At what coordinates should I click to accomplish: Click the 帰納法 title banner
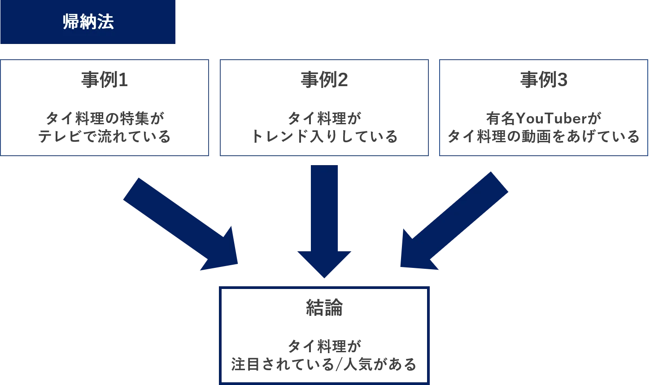[88, 22]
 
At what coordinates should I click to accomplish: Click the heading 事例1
[104, 80]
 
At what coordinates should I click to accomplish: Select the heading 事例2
[324, 80]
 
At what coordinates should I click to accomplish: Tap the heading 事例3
[543, 80]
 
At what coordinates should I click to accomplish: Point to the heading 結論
[324, 308]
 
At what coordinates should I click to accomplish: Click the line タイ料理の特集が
[105, 118]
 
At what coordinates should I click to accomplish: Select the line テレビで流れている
[104, 136]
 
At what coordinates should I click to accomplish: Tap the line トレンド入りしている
[324, 136]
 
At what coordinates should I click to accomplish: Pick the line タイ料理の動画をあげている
[543, 136]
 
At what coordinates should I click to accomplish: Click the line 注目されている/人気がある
[324, 364]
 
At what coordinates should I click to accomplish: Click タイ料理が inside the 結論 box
[324, 346]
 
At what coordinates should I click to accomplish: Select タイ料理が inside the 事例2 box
[324, 118]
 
